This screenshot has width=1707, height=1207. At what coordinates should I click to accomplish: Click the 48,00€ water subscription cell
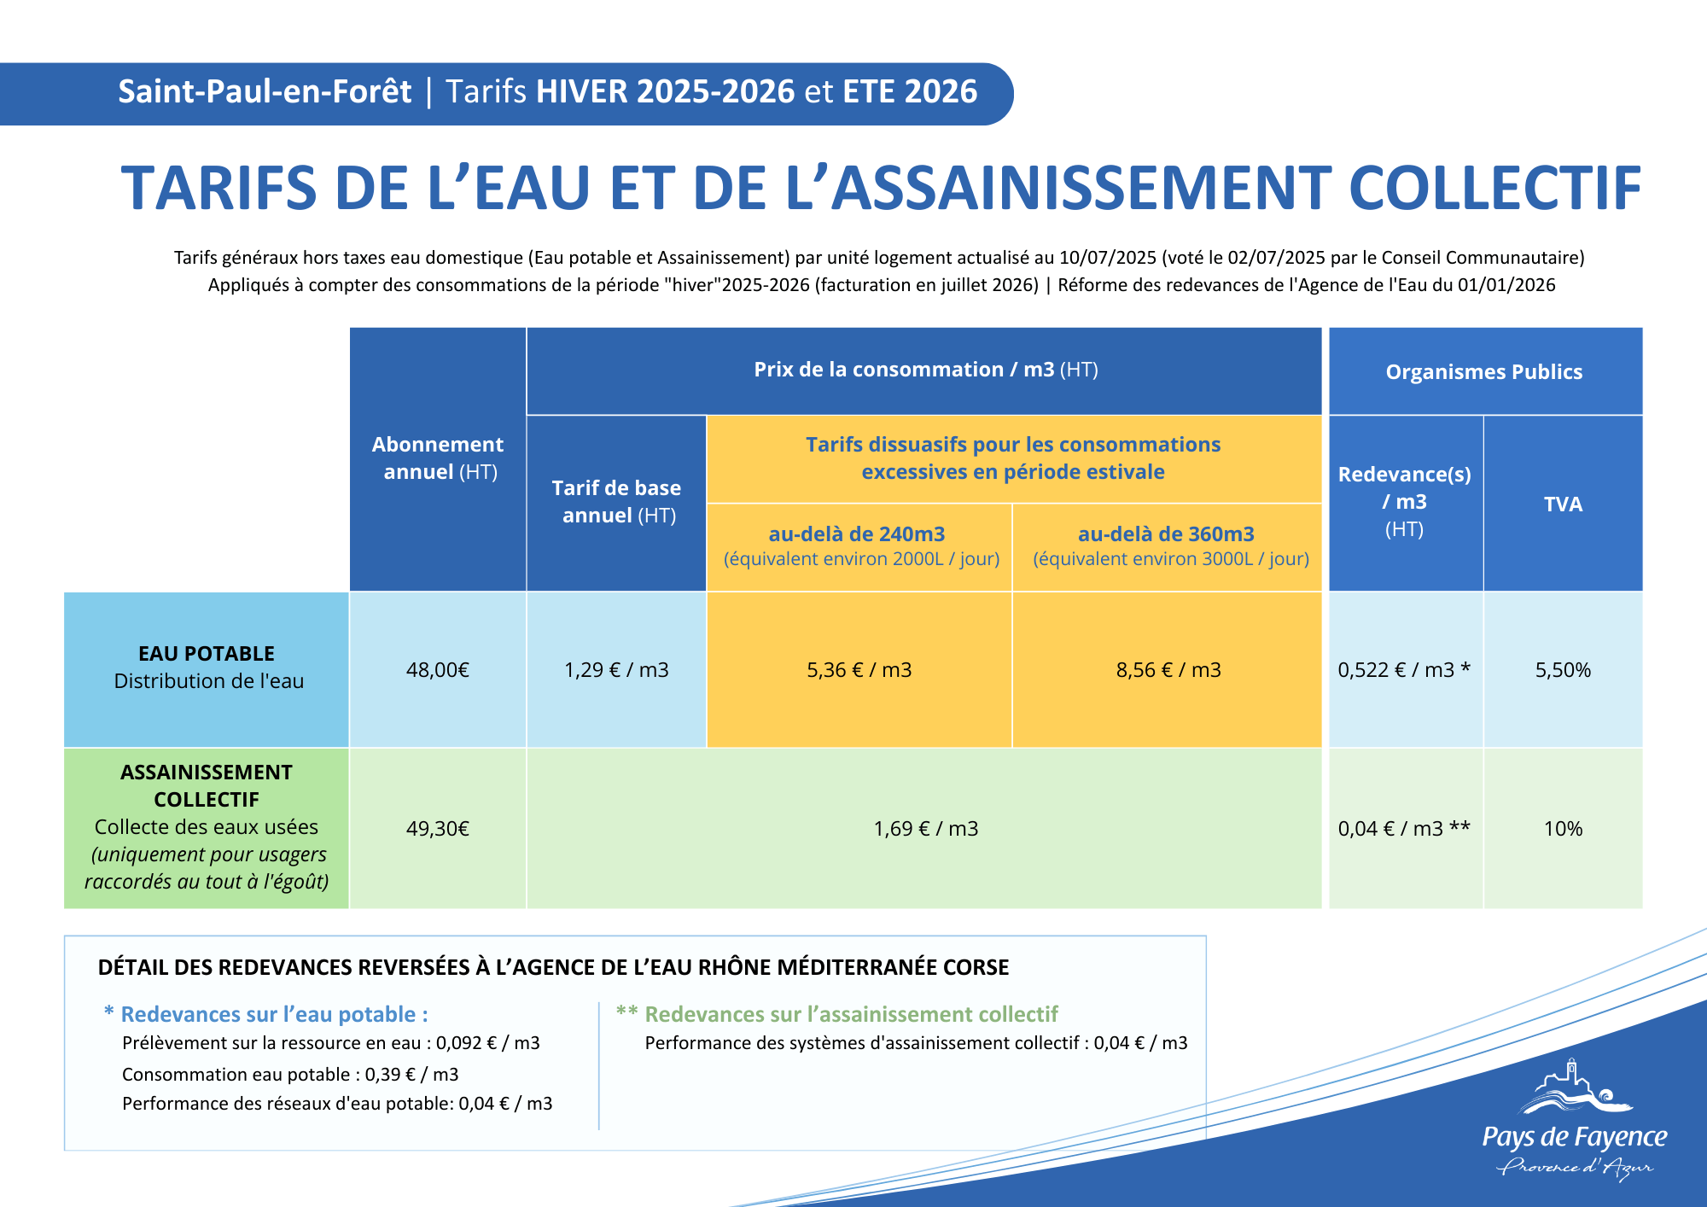coord(438,670)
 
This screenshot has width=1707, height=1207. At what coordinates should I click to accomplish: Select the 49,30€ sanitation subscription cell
coord(438,829)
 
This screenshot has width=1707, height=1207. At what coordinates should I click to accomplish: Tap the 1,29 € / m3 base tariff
coord(616,670)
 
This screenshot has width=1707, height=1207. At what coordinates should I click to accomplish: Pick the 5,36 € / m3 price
coord(859,670)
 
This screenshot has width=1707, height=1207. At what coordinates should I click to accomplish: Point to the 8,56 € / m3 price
coord(1168,670)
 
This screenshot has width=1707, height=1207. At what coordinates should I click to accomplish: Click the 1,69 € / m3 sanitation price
coord(926,829)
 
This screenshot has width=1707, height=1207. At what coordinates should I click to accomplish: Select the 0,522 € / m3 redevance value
coord(1404,670)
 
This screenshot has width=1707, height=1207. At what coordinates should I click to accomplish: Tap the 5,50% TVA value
coord(1563,670)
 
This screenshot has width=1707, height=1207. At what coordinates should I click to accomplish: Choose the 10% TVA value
coord(1563,829)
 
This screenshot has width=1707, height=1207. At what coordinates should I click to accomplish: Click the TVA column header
coord(1563,504)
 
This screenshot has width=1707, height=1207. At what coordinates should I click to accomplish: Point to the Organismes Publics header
coord(1484,372)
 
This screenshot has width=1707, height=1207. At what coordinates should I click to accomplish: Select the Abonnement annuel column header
coord(438,458)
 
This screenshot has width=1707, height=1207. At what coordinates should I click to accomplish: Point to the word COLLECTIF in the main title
coord(1494,189)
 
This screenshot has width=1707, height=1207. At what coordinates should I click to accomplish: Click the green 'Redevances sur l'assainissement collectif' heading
coord(851,1014)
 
